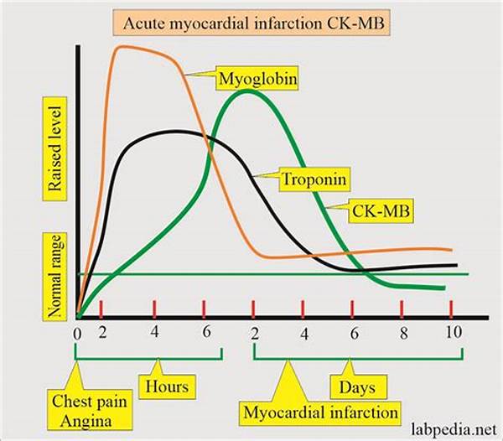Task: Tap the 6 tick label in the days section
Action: [353, 333]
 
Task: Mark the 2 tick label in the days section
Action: [254, 333]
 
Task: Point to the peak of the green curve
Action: [248, 91]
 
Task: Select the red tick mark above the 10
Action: [452, 308]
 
